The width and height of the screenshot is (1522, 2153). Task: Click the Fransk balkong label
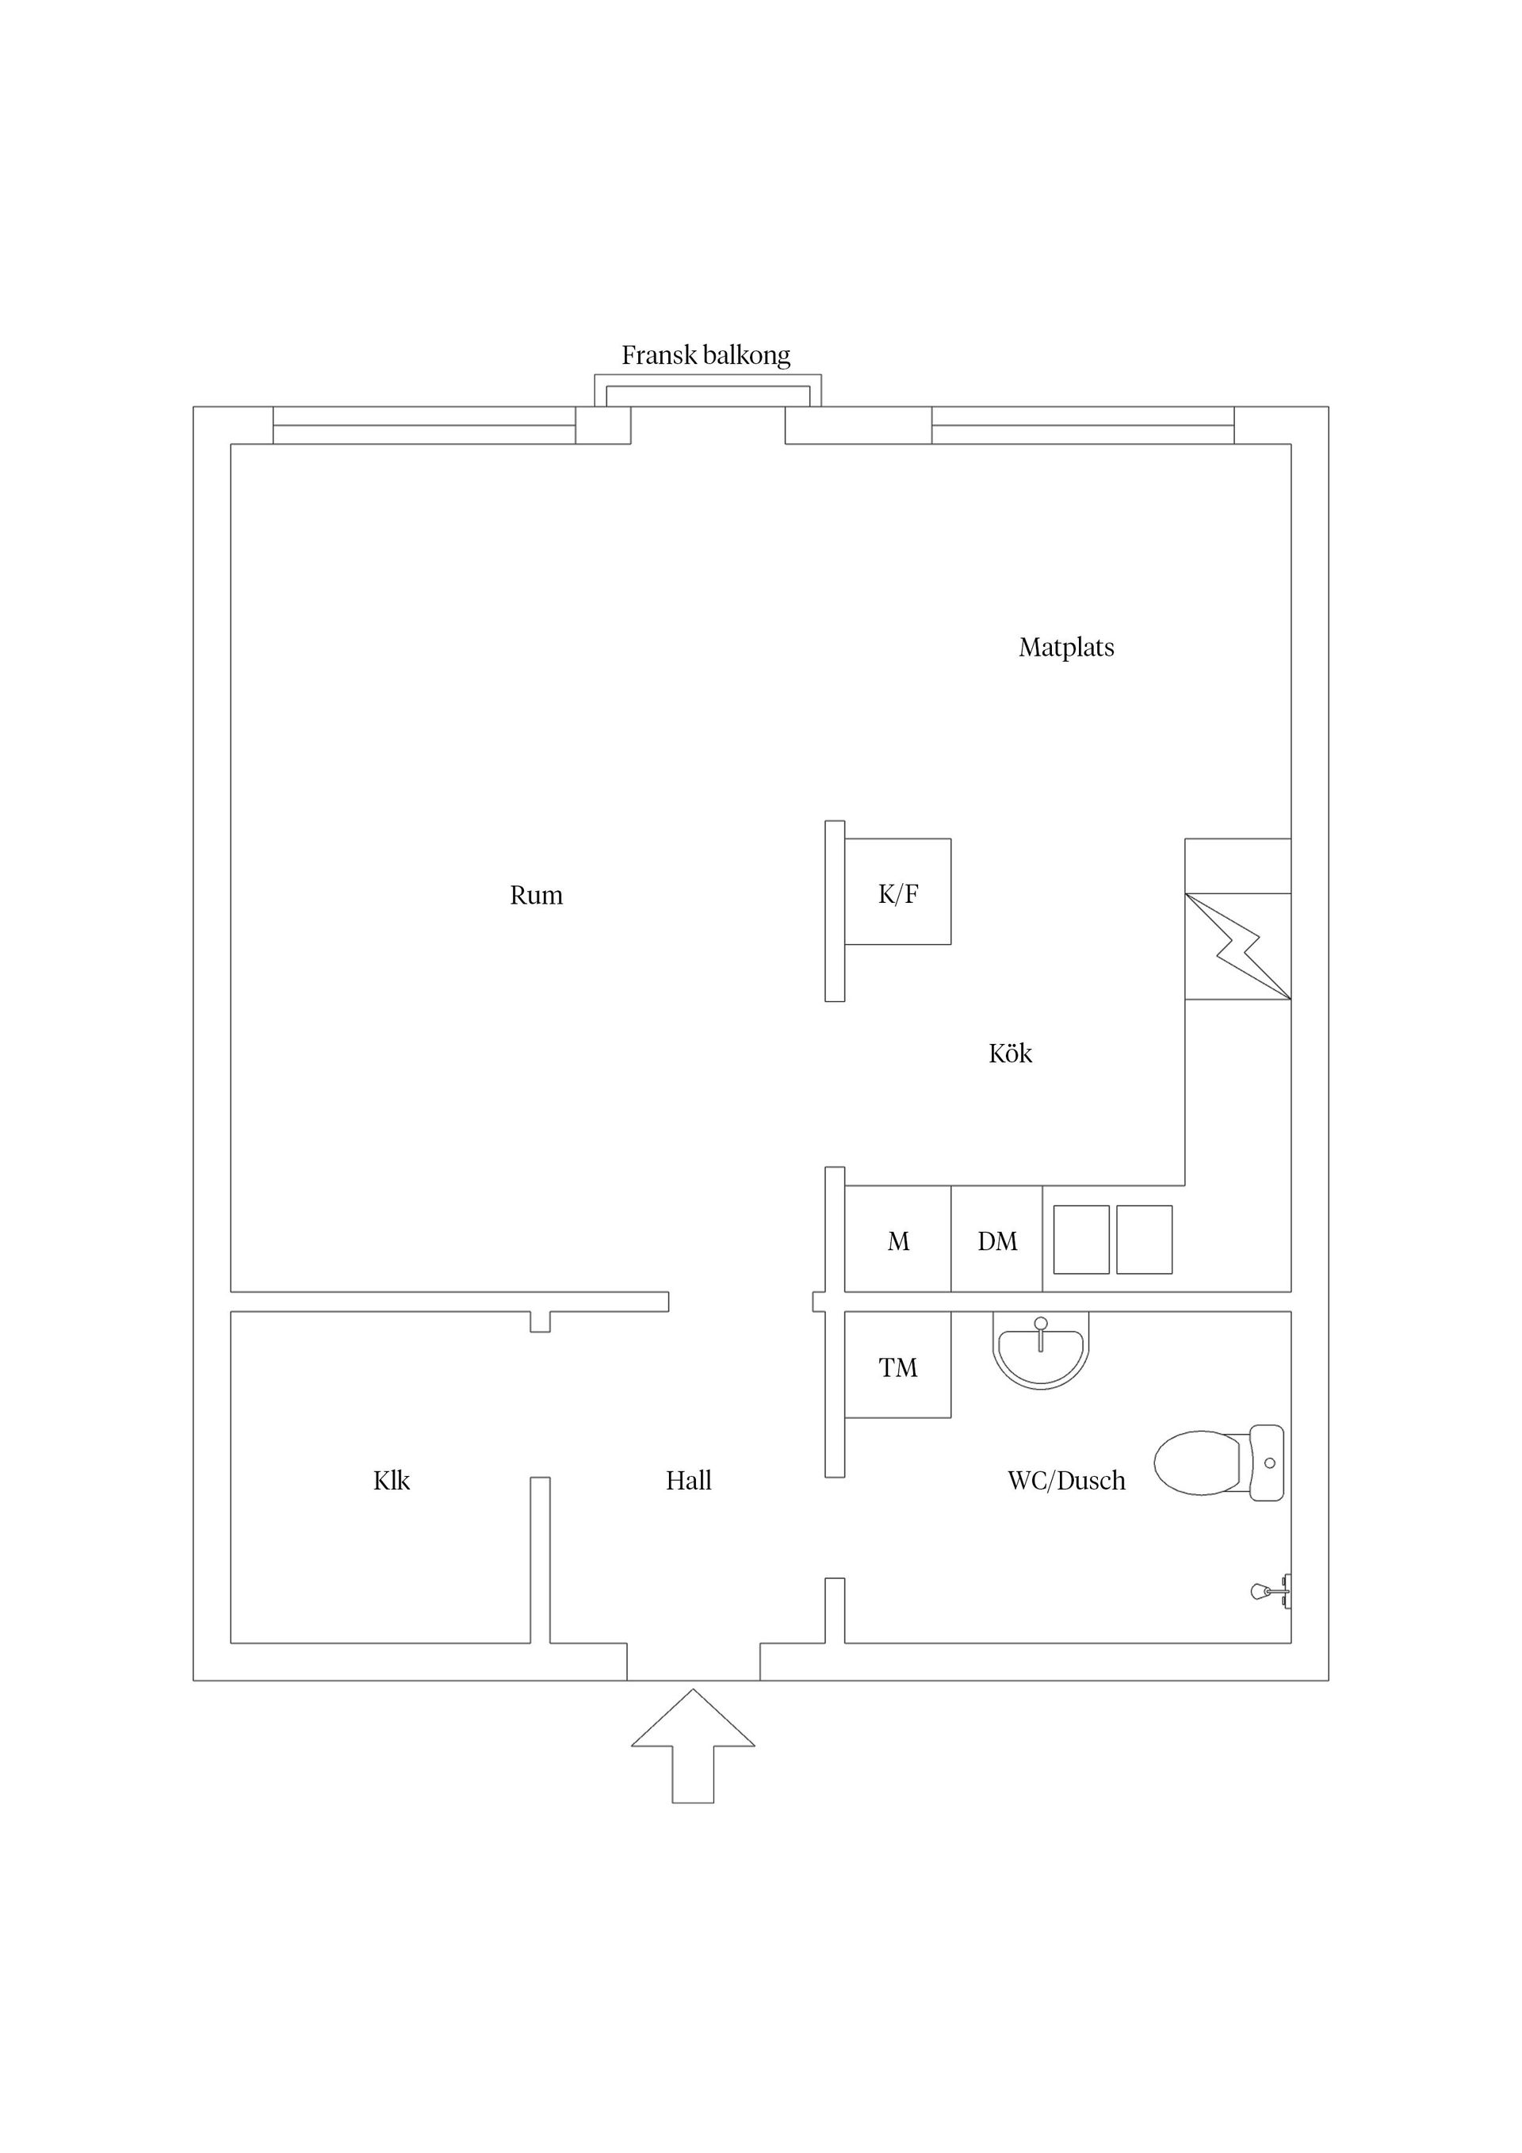[x=706, y=355]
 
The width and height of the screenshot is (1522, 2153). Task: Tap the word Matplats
[x=1066, y=647]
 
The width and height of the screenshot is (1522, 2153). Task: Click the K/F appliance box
[x=897, y=891]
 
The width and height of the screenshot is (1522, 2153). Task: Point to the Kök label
[x=1010, y=1053]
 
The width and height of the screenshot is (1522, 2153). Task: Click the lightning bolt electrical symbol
[x=1238, y=946]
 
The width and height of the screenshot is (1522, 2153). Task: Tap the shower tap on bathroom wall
[x=1270, y=1590]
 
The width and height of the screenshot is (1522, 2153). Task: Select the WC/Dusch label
[x=1066, y=1481]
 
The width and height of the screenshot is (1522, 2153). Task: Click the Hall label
[x=688, y=1481]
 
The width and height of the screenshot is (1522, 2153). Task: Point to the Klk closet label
[x=391, y=1481]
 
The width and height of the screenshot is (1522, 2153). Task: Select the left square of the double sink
[x=1081, y=1240]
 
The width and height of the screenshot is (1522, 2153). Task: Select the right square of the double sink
[x=1144, y=1240]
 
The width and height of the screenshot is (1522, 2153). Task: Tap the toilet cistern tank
[x=1268, y=1462]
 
